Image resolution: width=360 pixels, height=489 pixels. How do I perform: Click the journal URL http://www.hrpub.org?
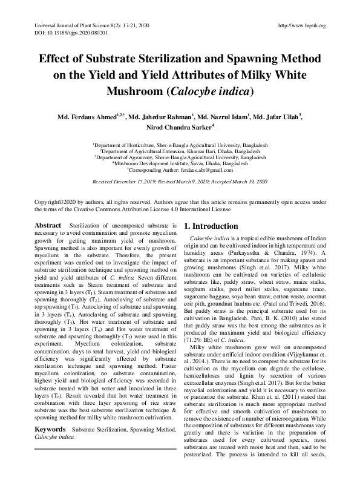(x=301, y=26)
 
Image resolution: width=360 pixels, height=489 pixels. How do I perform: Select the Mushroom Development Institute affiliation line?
(x=180, y=163)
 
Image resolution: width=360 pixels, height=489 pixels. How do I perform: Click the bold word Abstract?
(x=48, y=225)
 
